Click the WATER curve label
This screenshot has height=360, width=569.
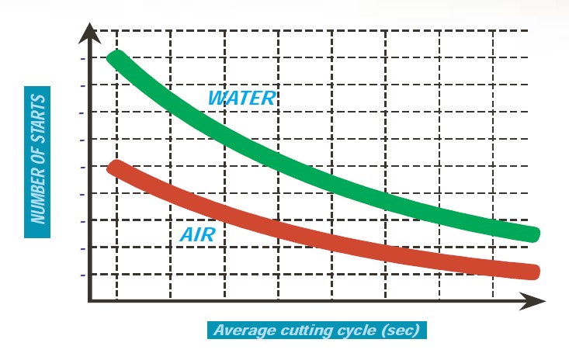241,98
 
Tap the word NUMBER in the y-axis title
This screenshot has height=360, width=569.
37,194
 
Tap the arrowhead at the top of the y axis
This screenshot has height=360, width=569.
91,33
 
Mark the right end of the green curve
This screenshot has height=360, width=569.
533,234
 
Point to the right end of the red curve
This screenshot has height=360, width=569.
533,272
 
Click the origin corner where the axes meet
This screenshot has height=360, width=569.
91,300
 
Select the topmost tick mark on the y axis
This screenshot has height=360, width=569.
82,58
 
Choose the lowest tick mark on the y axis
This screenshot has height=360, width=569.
82,275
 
